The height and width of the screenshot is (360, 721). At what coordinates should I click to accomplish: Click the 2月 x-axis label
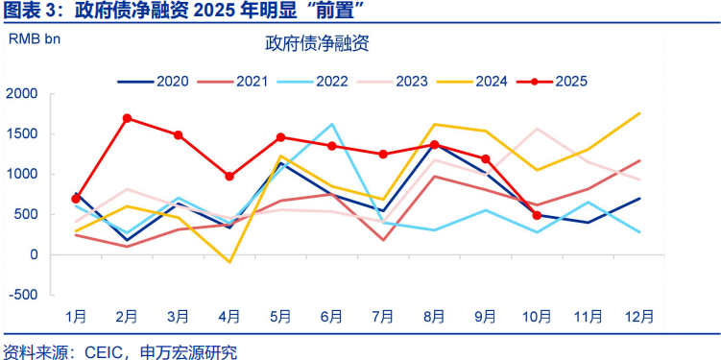tap(127, 317)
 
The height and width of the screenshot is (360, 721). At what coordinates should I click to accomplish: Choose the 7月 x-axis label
tap(383, 317)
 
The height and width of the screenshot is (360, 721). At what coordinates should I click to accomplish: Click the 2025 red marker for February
tap(127, 118)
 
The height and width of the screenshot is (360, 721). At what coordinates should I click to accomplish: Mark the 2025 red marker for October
tap(538, 215)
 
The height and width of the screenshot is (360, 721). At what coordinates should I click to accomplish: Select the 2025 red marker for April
tap(229, 177)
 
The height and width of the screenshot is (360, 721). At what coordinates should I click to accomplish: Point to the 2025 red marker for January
tap(76, 199)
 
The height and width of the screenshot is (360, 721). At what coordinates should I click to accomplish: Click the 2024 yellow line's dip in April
tap(229, 261)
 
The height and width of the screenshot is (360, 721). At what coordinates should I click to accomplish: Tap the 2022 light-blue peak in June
tap(332, 124)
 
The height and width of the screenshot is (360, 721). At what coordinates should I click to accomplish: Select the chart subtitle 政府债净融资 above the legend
tap(317, 43)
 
